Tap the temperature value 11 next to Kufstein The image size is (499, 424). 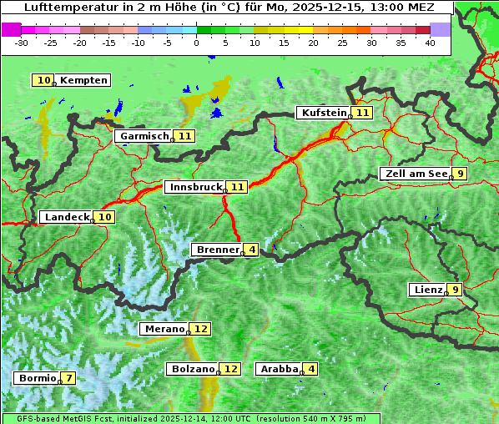click(x=361, y=113)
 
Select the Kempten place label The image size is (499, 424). click(x=84, y=80)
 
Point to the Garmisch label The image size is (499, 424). click(x=144, y=136)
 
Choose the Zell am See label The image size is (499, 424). click(x=415, y=174)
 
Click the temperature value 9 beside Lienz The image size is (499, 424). click(x=454, y=290)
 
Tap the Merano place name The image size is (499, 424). click(x=164, y=329)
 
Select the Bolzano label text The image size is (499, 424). click(x=194, y=368)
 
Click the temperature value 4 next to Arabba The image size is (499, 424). click(x=311, y=368)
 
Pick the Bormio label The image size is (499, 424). click(x=38, y=378)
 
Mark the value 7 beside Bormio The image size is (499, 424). click(x=68, y=378)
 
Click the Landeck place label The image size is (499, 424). click(x=67, y=217)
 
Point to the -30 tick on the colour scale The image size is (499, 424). click(x=22, y=43)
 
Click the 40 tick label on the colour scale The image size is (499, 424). click(x=430, y=43)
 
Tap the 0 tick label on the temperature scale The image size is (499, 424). click(x=197, y=43)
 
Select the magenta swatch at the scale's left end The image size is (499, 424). click(x=11, y=29)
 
